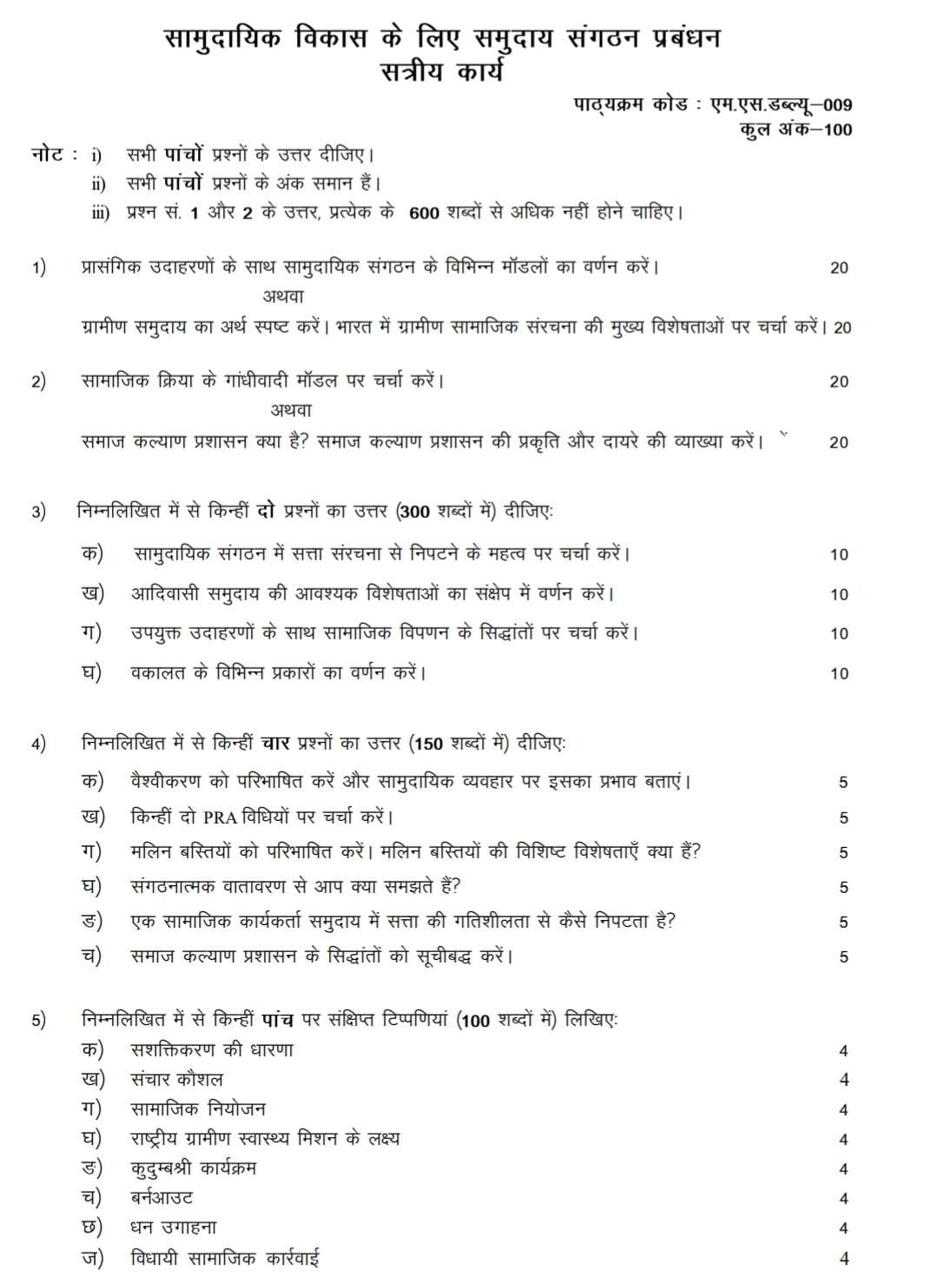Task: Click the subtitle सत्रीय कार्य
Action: coord(442,71)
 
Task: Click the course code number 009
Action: coord(837,105)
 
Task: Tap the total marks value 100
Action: coord(836,130)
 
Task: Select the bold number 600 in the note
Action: coord(423,214)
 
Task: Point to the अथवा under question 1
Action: coord(283,296)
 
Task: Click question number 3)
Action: coord(39,513)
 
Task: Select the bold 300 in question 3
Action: coord(415,512)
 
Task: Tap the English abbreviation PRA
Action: coord(219,817)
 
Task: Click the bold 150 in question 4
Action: coord(428,744)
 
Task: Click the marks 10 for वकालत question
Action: coord(838,673)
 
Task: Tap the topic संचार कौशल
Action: coord(176,1080)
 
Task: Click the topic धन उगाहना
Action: coord(174,1227)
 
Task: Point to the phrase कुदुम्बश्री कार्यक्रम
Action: coord(193,1168)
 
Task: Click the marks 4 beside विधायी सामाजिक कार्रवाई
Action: coord(843,1258)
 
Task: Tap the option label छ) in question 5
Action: coord(92,1227)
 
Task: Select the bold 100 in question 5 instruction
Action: coord(476,1021)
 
